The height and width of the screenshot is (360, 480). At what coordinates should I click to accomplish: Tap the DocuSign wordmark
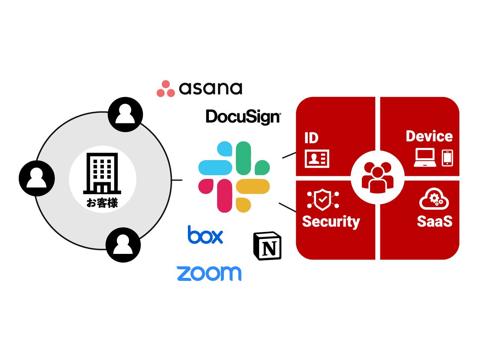pos(243,117)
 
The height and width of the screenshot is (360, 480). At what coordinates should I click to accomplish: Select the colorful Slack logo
pos(234,177)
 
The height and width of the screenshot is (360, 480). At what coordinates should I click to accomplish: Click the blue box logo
pos(205,235)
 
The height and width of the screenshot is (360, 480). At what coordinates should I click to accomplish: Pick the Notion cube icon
pos(267,246)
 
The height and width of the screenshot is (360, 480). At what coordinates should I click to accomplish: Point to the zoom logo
pos(209,273)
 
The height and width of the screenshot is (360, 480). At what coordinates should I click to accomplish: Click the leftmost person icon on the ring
pos(37,178)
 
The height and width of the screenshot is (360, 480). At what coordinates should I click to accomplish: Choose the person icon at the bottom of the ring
pos(123,245)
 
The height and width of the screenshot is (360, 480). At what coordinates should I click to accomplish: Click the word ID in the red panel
pos(311,138)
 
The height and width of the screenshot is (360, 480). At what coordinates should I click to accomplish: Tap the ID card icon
pos(318,158)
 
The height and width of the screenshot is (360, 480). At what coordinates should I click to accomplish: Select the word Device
pos(429,136)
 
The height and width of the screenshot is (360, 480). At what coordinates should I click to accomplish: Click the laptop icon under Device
pos(425,157)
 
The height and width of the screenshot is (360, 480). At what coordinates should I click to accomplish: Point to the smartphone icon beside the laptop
pos(447,157)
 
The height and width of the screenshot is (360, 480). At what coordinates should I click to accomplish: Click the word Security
pos(331,221)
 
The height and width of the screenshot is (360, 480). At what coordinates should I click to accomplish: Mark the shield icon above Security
pos(322,199)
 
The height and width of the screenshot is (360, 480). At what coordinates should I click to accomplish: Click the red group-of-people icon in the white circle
pos(377,178)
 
